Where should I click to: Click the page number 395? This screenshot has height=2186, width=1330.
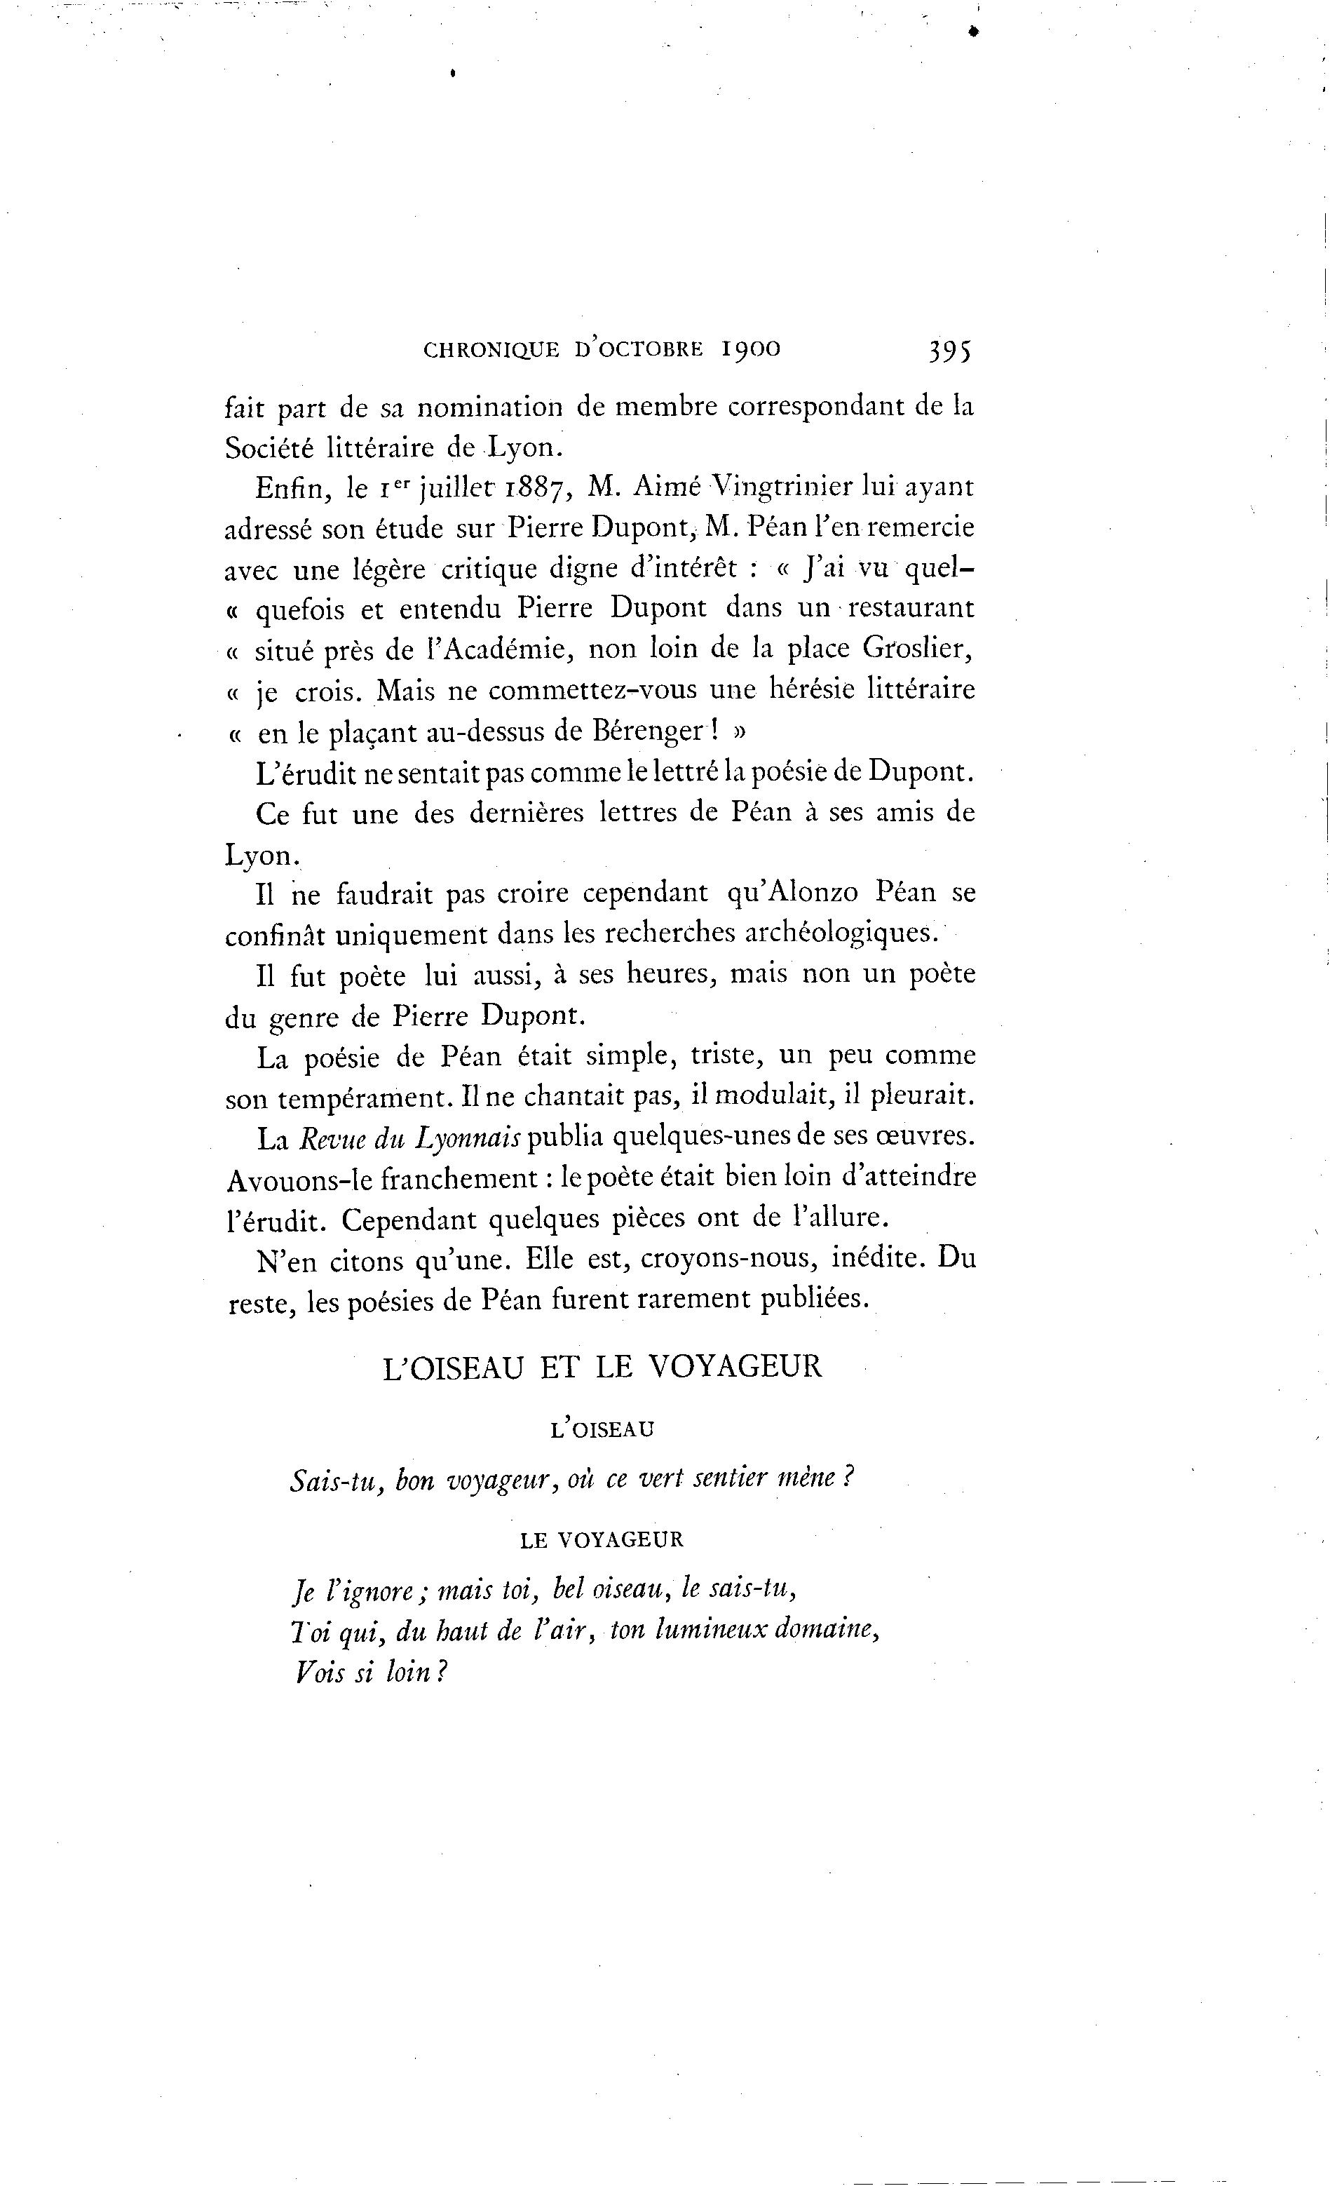click(949, 351)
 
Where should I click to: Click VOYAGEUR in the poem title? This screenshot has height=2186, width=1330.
click(736, 1366)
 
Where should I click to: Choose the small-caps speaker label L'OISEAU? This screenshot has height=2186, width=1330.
click(602, 1429)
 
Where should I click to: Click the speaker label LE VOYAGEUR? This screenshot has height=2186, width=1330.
click(602, 1539)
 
